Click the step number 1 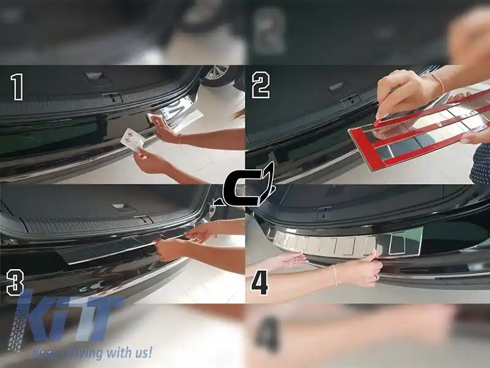pyautogui.click(x=16, y=86)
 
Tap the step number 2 pyautogui.click(x=260, y=86)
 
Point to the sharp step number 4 pyautogui.click(x=260, y=283)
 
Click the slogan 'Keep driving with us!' pyautogui.click(x=92, y=352)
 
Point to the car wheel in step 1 pyautogui.click(x=217, y=74)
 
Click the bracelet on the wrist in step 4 pyautogui.click(x=335, y=274)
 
